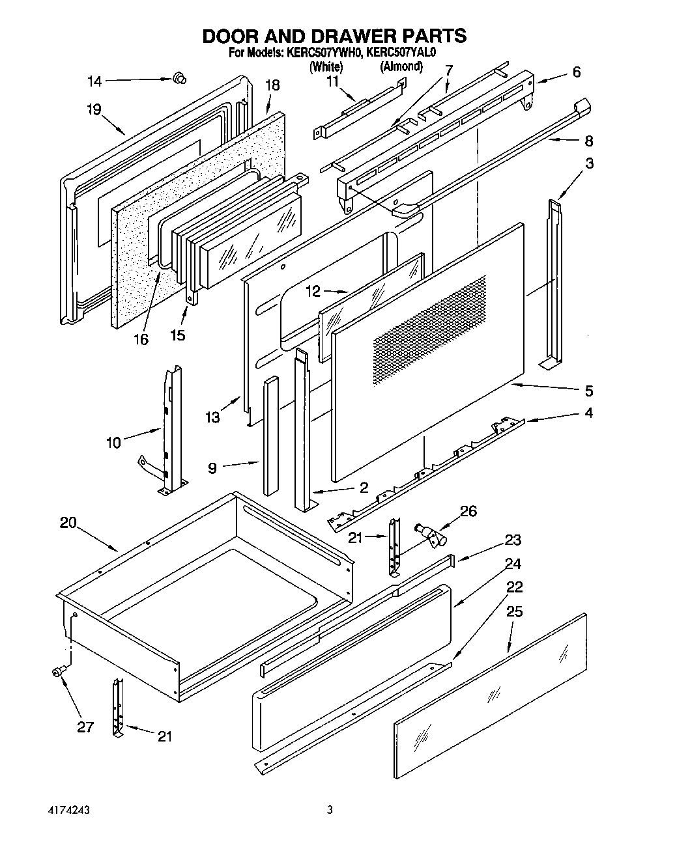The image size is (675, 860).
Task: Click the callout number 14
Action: click(94, 81)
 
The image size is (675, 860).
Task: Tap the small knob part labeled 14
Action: click(179, 79)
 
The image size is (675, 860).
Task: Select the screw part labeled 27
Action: click(58, 671)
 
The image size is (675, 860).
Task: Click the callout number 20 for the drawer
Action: click(68, 523)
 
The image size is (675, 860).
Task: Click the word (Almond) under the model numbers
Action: click(401, 66)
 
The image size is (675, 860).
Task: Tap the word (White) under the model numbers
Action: click(326, 66)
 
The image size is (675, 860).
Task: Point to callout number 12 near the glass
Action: click(313, 291)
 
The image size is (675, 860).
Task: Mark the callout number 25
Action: click(513, 612)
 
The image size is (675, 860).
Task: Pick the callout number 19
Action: click(94, 109)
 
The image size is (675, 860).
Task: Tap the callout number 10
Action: click(113, 442)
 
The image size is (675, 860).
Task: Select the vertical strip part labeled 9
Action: click(270, 436)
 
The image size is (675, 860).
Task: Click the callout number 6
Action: click(576, 72)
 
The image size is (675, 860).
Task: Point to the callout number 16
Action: click(140, 339)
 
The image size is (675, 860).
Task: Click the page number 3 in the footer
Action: click(330, 811)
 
